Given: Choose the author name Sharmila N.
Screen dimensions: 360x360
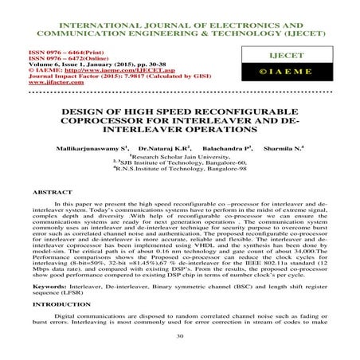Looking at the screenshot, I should pyautogui.click(x=284, y=148).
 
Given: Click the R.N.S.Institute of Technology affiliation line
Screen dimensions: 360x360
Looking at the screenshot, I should pyautogui.click(x=180, y=169).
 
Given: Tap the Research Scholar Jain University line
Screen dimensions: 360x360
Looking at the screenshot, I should pyautogui.click(x=180, y=156).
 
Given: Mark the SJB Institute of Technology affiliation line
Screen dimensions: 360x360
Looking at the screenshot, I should pyautogui.click(x=180, y=162).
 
